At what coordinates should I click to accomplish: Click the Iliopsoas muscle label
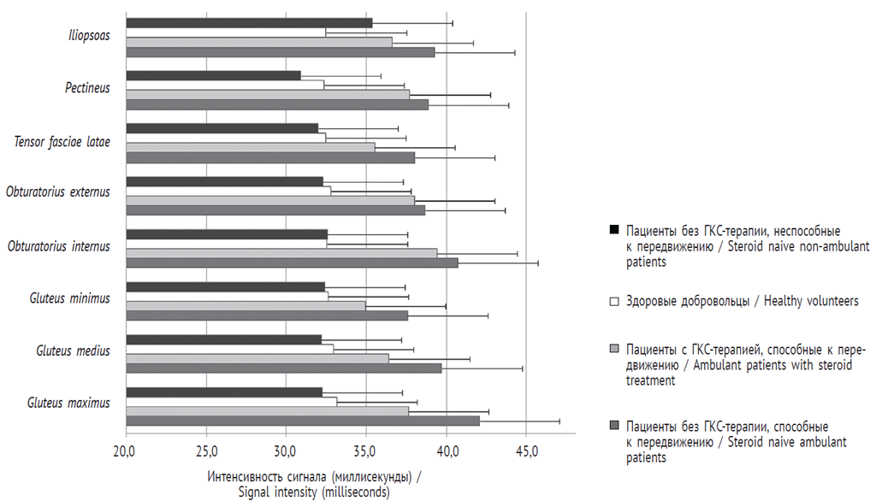89,36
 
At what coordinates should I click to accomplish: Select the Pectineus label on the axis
87,87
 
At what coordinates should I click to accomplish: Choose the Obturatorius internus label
58,246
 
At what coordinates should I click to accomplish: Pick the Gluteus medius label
73,351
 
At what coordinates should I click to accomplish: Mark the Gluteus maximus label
68,403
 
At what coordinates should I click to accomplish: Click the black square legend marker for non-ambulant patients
613,231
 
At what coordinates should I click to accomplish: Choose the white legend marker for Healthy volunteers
613,301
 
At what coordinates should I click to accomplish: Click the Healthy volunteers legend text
742,301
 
